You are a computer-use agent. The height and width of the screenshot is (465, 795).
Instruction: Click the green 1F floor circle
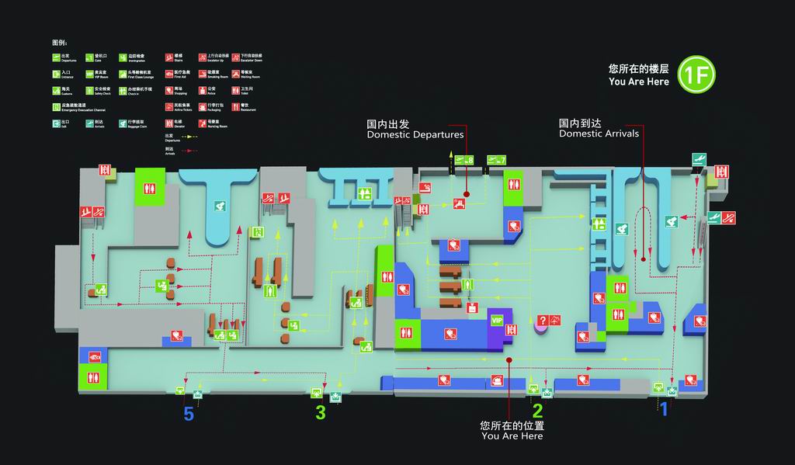click(695, 75)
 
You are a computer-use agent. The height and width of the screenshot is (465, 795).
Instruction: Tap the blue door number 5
click(189, 415)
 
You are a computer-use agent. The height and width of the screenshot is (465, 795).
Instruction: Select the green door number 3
click(321, 413)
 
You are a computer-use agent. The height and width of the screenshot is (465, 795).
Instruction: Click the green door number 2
click(536, 410)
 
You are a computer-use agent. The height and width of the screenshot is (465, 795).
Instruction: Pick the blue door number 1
click(663, 408)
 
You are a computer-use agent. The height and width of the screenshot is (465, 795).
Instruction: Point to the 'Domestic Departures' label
click(415, 130)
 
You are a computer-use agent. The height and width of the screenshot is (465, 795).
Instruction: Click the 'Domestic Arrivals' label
click(599, 128)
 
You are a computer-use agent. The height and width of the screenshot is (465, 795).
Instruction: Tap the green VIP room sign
click(497, 320)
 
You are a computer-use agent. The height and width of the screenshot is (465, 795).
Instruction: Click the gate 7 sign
click(497, 160)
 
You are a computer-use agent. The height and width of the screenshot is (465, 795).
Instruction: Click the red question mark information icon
click(543, 320)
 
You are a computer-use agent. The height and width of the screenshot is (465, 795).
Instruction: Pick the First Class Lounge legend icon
click(123, 74)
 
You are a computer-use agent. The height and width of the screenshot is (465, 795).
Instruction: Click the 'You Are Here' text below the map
click(512, 436)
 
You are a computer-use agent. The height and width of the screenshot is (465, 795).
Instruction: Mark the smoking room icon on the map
click(424, 189)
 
